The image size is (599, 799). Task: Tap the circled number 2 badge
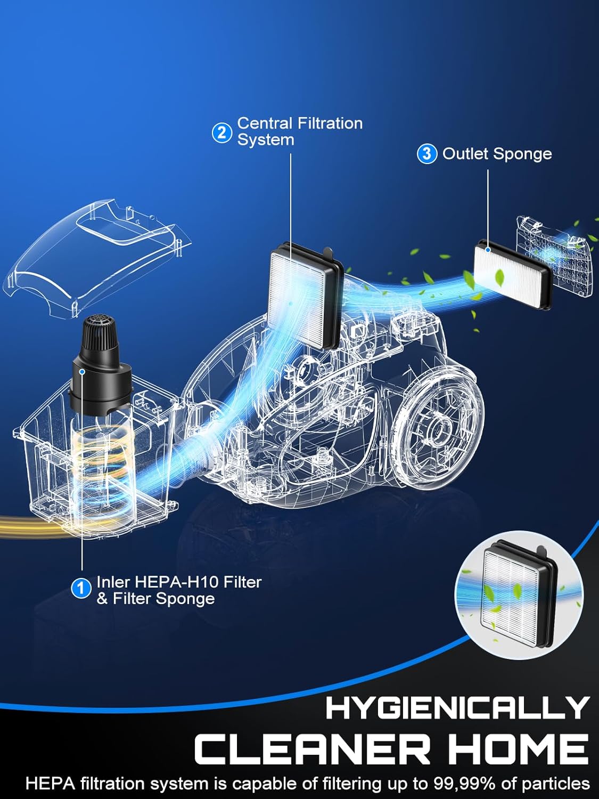click(222, 133)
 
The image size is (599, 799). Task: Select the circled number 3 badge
click(427, 153)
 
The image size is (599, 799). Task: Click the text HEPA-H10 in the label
click(177, 582)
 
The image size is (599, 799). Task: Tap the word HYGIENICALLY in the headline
click(457, 707)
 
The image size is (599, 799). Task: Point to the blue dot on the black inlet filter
click(83, 371)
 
